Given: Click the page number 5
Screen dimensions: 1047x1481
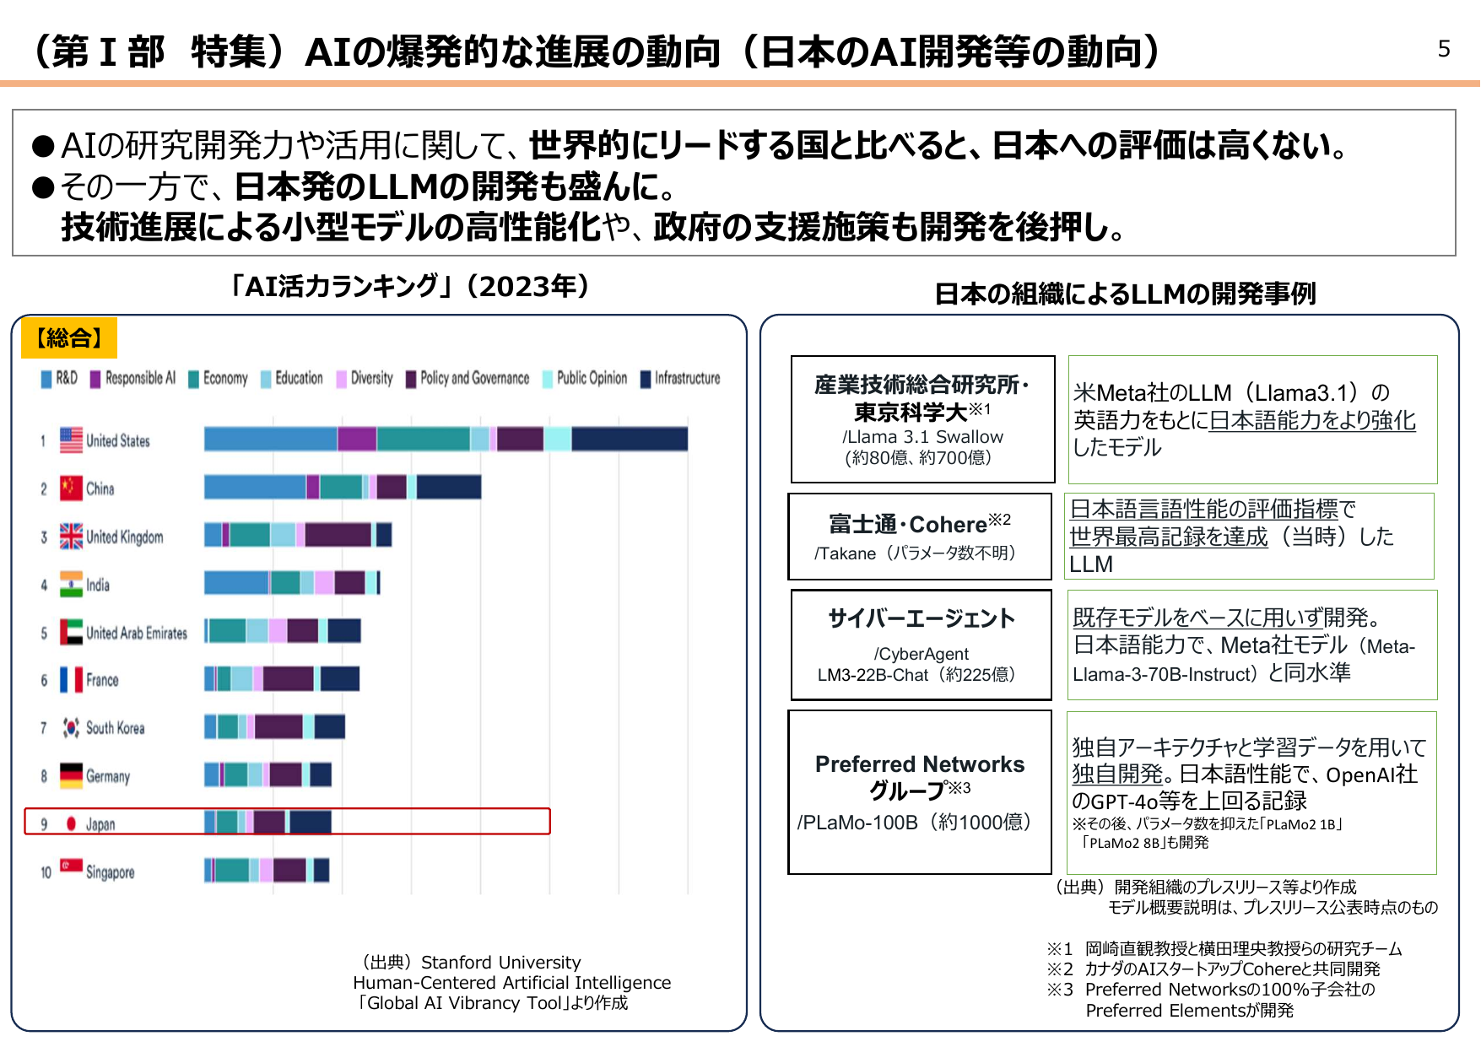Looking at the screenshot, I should click(1443, 49).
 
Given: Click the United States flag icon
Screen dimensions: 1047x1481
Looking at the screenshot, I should click(71, 440).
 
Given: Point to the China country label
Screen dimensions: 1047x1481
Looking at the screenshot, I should click(100, 488).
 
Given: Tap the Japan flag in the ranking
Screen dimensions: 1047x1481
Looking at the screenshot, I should click(71, 823).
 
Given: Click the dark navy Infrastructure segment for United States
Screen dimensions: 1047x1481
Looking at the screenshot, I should click(630, 439).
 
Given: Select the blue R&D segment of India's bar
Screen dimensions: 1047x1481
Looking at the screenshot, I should click(236, 582).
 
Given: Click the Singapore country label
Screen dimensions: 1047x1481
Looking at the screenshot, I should click(110, 872).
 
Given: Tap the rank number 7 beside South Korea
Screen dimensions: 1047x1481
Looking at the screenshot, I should click(43, 728).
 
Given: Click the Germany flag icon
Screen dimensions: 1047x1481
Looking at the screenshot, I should click(71, 775).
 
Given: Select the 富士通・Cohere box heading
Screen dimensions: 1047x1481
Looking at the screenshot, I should click(908, 524).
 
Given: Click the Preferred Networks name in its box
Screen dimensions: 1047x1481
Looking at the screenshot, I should click(920, 764).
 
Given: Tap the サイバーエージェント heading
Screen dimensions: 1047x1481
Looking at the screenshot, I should click(921, 618).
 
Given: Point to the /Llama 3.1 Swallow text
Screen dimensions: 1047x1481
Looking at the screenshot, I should click(922, 437).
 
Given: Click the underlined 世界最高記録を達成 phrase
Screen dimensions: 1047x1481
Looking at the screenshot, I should click(1168, 537).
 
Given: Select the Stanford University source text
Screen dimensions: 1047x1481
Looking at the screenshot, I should click(500, 962).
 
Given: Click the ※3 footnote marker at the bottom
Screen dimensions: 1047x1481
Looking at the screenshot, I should click(1059, 990).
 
